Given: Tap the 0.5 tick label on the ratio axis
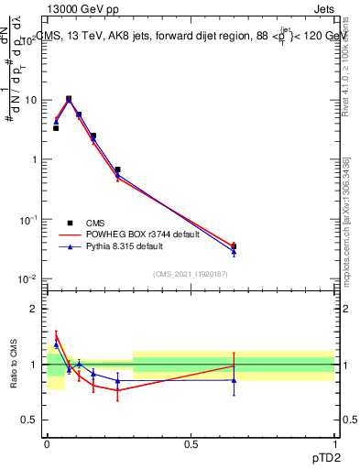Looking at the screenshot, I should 29,421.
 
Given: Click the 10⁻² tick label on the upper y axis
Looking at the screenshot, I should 28,278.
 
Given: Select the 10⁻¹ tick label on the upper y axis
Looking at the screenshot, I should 28,219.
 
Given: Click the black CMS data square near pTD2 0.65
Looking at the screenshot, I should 234,246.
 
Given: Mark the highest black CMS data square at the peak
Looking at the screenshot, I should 69,99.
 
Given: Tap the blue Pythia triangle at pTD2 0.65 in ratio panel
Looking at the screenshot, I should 234,380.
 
